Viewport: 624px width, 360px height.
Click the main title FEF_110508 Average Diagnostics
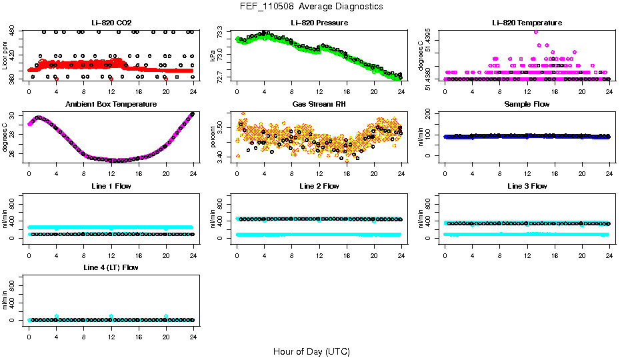point(311,7)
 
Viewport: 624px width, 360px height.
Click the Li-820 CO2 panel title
point(111,23)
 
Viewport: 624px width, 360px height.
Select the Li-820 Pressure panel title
point(319,23)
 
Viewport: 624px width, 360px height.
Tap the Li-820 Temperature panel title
point(527,23)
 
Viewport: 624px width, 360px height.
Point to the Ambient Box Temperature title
point(111,105)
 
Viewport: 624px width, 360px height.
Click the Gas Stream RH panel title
point(319,105)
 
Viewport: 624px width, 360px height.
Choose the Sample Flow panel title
point(527,105)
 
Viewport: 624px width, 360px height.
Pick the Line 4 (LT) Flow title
point(111,268)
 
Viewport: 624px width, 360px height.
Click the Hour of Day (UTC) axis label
point(311,351)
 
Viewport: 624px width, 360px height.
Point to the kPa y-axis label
point(213,57)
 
